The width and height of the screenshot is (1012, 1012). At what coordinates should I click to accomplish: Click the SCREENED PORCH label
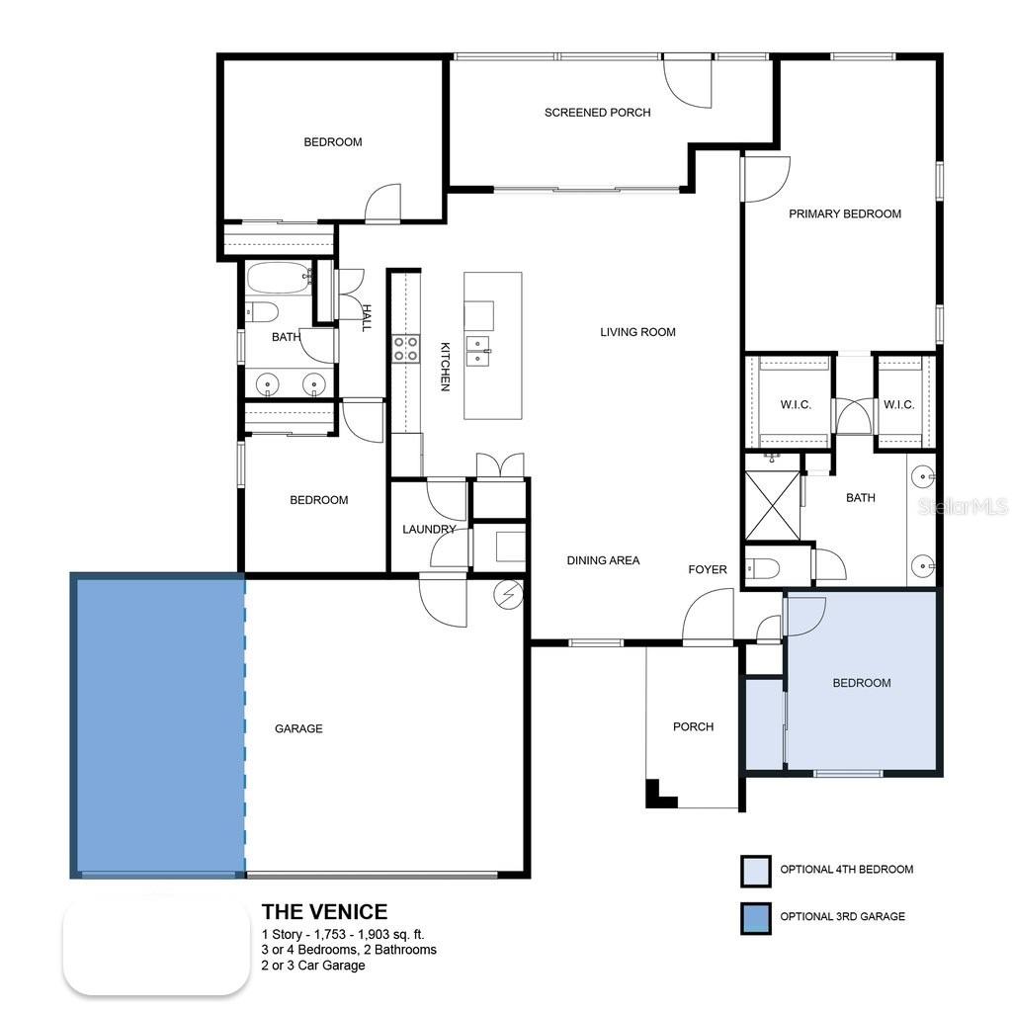pos(597,113)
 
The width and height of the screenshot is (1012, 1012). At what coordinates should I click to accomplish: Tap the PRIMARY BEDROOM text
pos(844,213)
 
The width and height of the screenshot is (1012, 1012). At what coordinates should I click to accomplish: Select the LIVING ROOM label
pos(637,332)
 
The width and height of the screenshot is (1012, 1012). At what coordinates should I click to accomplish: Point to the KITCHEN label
pos(445,366)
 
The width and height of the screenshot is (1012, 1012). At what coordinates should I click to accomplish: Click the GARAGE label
pos(298,728)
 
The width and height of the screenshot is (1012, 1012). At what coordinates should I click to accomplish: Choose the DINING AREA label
pos(603,560)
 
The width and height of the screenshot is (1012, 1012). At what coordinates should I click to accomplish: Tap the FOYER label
pos(708,569)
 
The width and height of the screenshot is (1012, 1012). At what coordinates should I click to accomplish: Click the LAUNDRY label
pos(429,530)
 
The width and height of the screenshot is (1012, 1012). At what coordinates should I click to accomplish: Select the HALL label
pos(366,317)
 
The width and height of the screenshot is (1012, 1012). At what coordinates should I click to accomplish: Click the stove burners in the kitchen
pos(405,349)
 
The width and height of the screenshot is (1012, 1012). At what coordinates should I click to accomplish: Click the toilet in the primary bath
pos(765,567)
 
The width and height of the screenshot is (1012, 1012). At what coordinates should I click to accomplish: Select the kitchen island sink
pos(479,350)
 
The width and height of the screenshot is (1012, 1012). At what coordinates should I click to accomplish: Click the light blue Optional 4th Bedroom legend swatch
pos(755,871)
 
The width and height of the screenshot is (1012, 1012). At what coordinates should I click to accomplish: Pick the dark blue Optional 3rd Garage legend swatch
pos(755,917)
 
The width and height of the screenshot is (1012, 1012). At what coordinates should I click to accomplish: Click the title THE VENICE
pos(324,911)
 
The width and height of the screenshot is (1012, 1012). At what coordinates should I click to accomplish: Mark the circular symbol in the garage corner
pos(508,594)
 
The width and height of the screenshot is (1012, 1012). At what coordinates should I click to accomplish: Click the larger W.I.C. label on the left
pos(796,405)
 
